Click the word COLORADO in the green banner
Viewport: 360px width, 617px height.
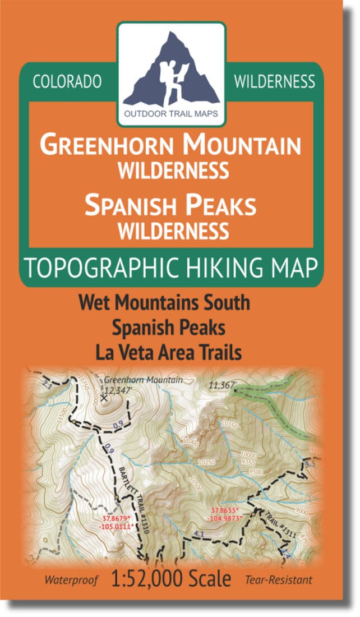coord(67,82)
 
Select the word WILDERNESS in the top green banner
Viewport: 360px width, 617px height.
coord(275,82)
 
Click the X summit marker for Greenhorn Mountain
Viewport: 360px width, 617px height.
coord(104,397)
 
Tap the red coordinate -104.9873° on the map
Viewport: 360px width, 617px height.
coord(226,518)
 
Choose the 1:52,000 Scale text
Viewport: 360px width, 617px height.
coord(172,578)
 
